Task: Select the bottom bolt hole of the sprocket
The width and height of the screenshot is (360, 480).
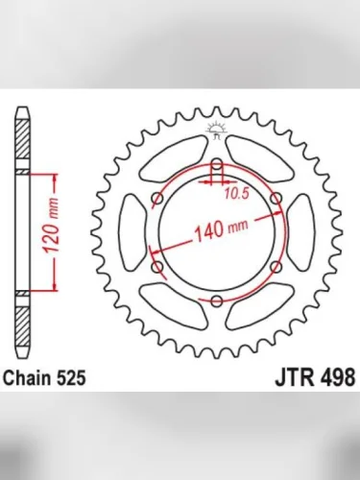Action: [216, 302]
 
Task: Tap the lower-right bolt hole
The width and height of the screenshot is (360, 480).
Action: [276, 267]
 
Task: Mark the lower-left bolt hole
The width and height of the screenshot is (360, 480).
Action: [156, 267]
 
